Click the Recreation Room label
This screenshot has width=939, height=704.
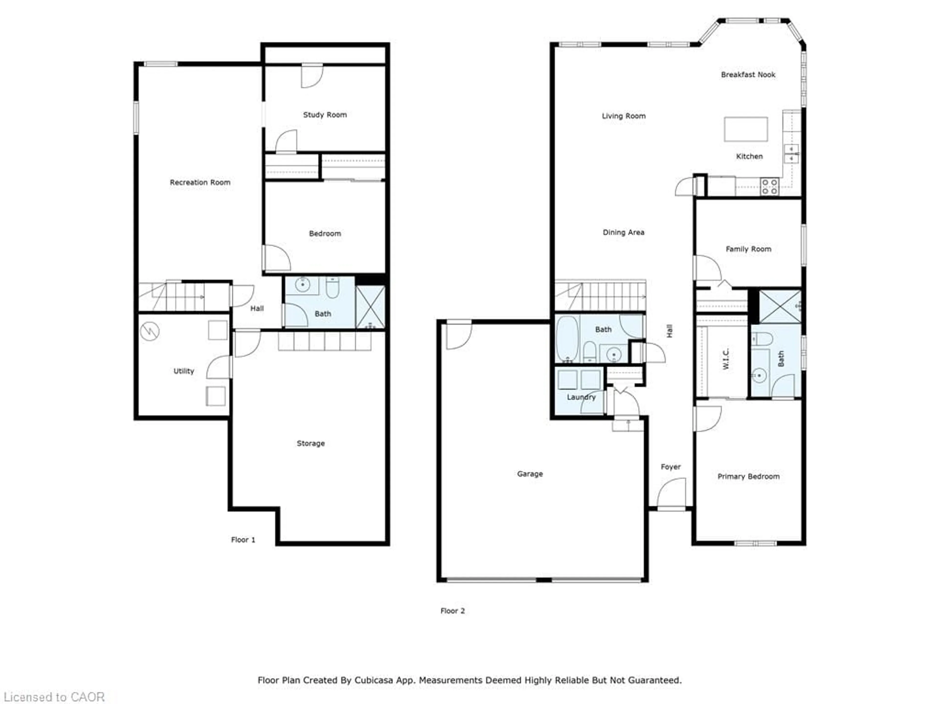tap(200, 182)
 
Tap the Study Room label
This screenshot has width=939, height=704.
tap(325, 115)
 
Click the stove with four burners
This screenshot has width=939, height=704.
tap(769, 186)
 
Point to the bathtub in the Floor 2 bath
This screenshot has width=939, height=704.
tap(567, 339)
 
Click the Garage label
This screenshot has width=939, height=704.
tap(530, 474)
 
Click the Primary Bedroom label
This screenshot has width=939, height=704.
tap(749, 477)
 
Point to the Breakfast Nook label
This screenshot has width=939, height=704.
tap(748, 75)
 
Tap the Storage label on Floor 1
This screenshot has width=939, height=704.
tap(311, 443)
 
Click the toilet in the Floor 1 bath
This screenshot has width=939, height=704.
tap(332, 288)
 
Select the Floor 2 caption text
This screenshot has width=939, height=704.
tap(453, 611)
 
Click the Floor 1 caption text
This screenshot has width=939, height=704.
tap(243, 540)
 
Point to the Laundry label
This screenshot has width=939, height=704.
tap(581, 397)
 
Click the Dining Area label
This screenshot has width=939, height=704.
tap(623, 232)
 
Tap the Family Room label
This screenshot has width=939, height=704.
tap(749, 249)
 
